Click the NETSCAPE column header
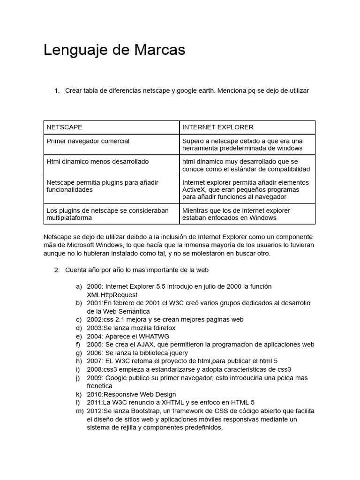click(64, 127)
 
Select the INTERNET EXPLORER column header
click(217, 127)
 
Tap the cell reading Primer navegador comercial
click(88, 141)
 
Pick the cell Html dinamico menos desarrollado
click(97, 162)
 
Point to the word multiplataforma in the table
click(69, 218)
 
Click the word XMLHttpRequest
click(112, 295)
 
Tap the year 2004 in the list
click(95, 336)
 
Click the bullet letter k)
click(79, 394)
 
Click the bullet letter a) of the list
click(79, 286)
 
